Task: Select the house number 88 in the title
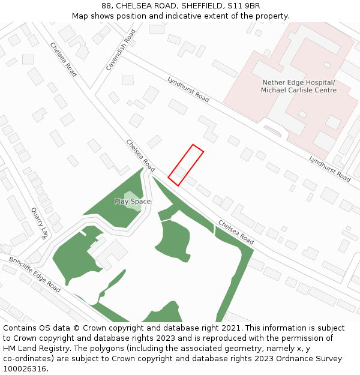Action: point(106,5)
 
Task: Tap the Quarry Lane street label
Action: point(40,223)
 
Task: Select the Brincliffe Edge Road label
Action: point(34,275)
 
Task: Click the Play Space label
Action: point(133,202)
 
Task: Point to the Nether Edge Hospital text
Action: point(298,82)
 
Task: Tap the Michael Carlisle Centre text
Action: point(298,90)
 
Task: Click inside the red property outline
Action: point(185,164)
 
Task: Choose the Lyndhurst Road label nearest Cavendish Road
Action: point(188,89)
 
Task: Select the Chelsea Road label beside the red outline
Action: point(140,155)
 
